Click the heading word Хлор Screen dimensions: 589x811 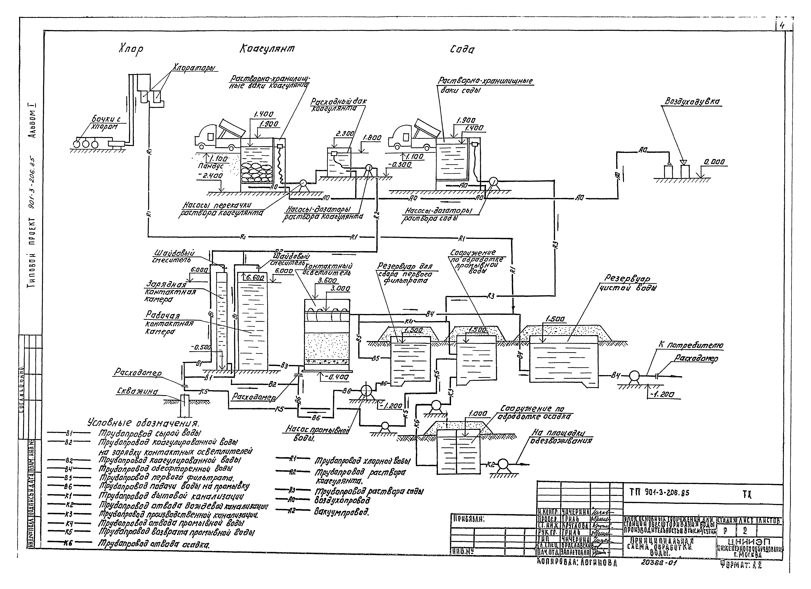pyautogui.click(x=131, y=49)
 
